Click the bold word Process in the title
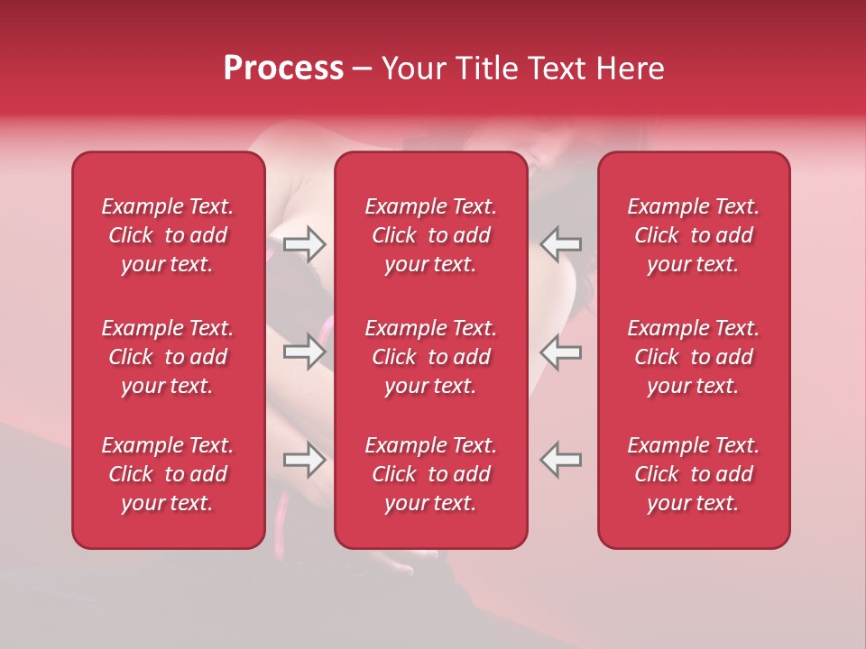pos(283,69)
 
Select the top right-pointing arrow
pos(304,243)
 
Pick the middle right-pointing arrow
pos(304,352)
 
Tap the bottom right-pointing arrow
pos(304,460)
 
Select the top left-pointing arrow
pos(561,243)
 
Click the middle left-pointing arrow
pos(561,352)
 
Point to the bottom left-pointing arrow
pos(561,460)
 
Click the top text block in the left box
pos(168,235)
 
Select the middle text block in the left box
pos(168,357)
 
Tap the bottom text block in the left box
pos(168,474)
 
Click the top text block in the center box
pos(430,235)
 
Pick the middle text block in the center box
pos(430,357)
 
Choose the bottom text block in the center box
pos(430,474)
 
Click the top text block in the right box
pos(693,235)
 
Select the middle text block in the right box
pos(693,357)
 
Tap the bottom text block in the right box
pos(693,474)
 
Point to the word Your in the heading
pos(411,69)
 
